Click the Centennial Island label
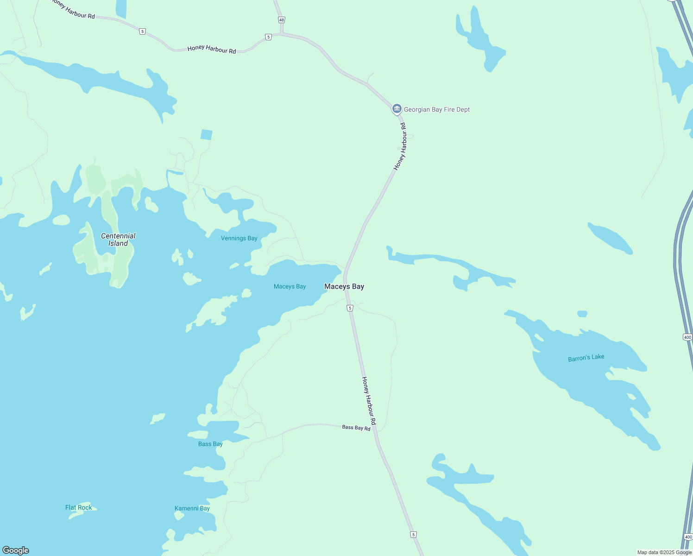click(118, 240)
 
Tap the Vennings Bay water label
click(239, 238)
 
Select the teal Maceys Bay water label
click(290, 286)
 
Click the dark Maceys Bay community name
click(344, 286)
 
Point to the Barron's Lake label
click(586, 358)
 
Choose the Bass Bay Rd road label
click(356, 428)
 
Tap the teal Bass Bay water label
click(210, 444)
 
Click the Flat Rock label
click(78, 507)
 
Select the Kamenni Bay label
click(192, 508)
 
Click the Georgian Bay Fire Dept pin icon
click(397, 109)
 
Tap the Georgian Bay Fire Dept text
click(437, 110)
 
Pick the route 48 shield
click(282, 20)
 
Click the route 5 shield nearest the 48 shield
click(268, 37)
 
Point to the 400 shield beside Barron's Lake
click(687, 337)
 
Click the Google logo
click(16, 550)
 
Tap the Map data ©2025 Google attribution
click(664, 552)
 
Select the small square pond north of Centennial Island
click(207, 135)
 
